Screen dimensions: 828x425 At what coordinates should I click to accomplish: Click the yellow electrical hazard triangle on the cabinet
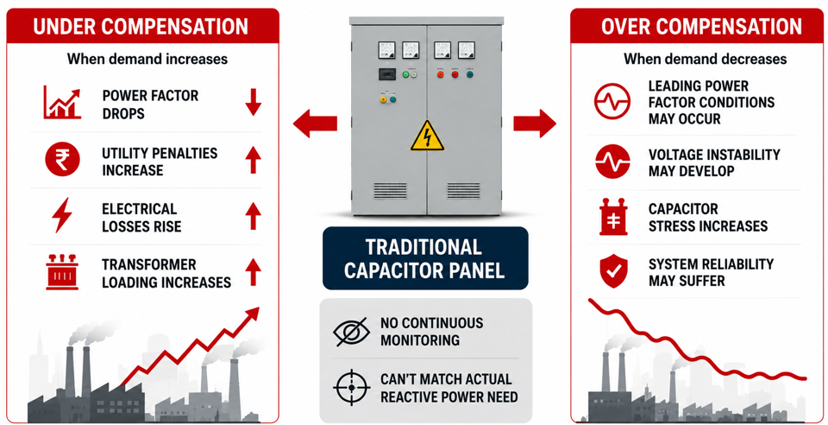click(427, 136)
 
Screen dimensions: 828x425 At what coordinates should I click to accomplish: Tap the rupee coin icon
click(62, 159)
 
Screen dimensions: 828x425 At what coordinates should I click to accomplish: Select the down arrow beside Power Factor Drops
click(253, 102)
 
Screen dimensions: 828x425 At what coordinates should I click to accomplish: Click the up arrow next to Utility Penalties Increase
click(253, 160)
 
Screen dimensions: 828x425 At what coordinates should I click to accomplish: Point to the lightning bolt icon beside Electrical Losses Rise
click(62, 215)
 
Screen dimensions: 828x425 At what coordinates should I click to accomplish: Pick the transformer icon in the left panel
click(62, 272)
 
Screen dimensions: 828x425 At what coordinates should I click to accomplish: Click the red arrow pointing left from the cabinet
click(315, 124)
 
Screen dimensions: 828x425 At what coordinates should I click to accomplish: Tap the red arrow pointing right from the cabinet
click(535, 124)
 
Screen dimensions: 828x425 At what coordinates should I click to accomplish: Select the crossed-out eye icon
click(352, 332)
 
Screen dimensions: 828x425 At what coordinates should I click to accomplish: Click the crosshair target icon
click(352, 388)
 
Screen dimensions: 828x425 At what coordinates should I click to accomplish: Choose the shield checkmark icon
click(613, 271)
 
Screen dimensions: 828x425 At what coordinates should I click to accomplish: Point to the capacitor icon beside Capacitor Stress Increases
click(613, 218)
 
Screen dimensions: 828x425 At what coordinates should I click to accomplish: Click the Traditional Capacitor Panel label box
click(425, 258)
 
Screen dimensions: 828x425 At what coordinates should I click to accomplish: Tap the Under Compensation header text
click(141, 27)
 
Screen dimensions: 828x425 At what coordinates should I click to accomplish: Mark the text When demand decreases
click(705, 59)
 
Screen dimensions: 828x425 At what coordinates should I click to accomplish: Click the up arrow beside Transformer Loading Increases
click(253, 272)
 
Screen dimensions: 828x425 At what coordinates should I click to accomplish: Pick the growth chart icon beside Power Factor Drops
click(62, 103)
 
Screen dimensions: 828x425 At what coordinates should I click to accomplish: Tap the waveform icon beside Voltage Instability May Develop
click(612, 162)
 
